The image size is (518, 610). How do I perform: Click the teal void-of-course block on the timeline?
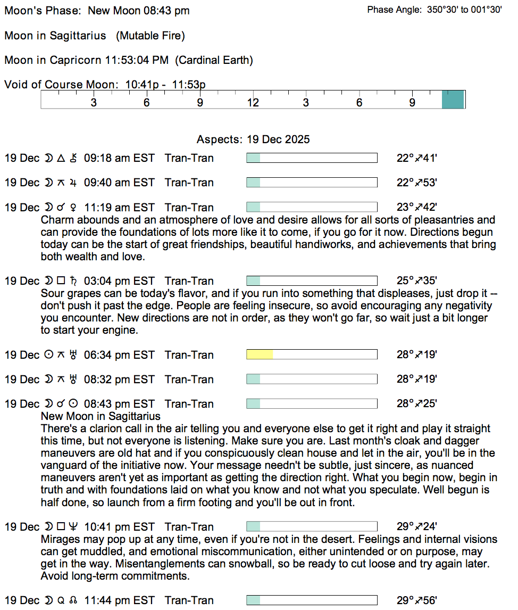tap(453, 100)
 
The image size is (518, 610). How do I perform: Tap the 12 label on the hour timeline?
tap(253, 102)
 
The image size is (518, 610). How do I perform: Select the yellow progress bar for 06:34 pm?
tap(260, 355)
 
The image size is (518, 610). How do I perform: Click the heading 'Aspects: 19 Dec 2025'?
tap(253, 139)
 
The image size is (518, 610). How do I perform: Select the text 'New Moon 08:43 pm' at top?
tap(138, 11)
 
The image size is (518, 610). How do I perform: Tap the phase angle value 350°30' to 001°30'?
tap(464, 10)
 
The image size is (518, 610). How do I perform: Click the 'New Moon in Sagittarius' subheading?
tap(101, 416)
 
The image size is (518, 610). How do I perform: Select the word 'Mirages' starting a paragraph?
tap(59, 539)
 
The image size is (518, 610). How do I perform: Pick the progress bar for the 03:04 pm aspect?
tap(312, 281)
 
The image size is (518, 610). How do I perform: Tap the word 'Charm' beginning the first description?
tap(56, 220)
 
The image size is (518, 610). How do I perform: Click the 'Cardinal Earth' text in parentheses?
tap(215, 60)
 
